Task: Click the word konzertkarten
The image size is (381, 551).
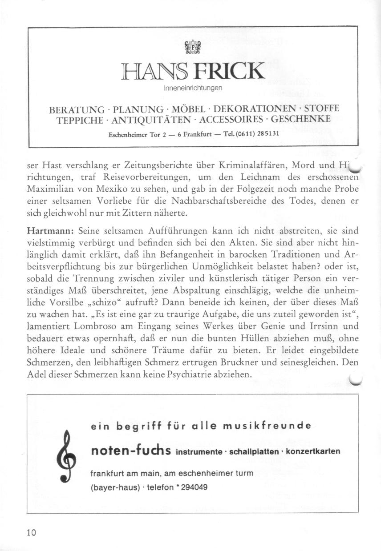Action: [x=313, y=452]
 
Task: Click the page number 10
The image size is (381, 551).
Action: [x=31, y=533]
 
